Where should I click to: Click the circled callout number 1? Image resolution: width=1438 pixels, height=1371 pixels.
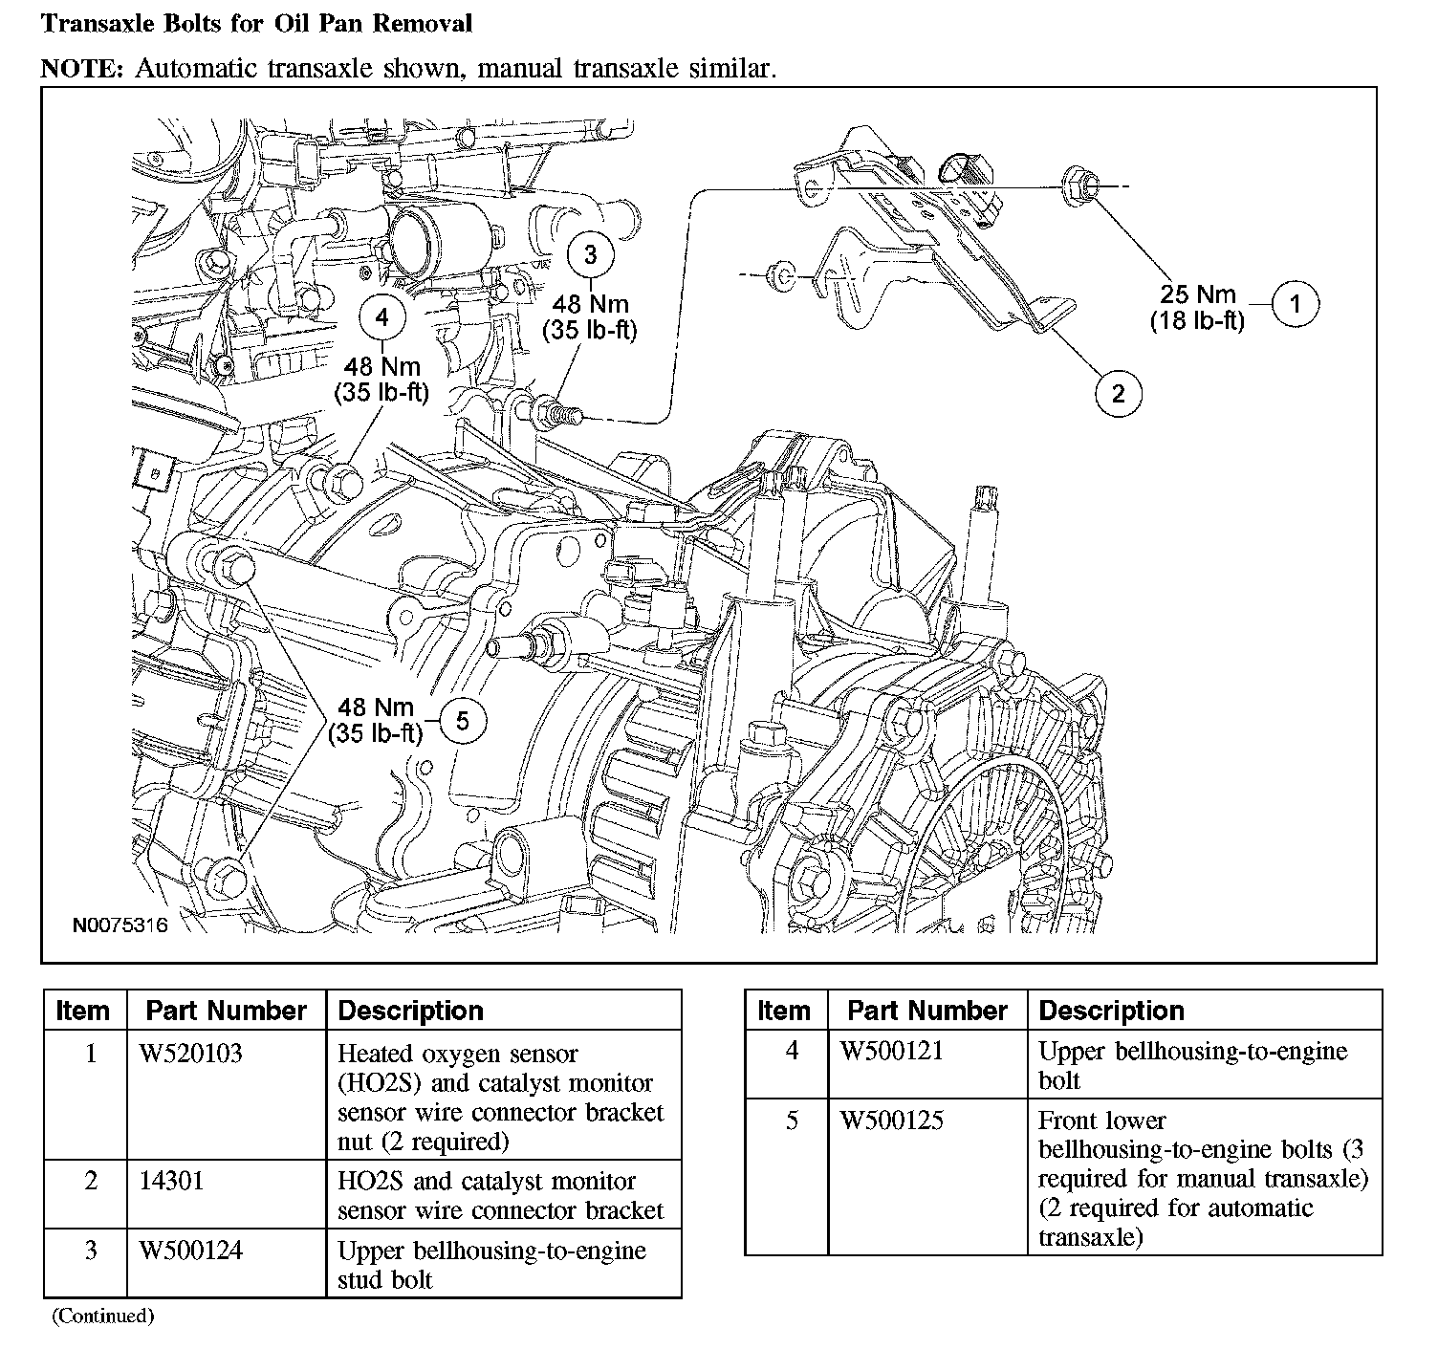click(1296, 304)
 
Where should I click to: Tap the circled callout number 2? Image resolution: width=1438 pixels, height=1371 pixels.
click(1118, 394)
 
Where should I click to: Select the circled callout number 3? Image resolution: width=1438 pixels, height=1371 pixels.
click(590, 254)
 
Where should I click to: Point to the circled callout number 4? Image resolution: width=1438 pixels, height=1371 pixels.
click(381, 317)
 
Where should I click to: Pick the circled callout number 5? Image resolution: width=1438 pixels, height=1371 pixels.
click(462, 721)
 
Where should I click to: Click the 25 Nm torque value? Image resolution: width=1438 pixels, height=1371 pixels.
click(1197, 294)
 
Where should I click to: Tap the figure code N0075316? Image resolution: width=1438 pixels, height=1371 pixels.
click(120, 925)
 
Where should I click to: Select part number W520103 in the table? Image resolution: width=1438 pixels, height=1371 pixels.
click(190, 1053)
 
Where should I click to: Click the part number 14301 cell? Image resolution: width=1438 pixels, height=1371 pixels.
click(171, 1180)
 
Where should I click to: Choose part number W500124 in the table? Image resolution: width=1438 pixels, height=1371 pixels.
click(190, 1250)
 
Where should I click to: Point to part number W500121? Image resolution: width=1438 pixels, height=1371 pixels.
click(892, 1051)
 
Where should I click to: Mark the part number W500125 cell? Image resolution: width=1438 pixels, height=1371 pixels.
click(892, 1121)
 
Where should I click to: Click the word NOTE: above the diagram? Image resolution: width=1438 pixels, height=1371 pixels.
click(82, 68)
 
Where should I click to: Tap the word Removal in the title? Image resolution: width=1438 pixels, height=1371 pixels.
click(422, 23)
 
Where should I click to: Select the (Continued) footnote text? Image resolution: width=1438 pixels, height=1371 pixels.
click(102, 1316)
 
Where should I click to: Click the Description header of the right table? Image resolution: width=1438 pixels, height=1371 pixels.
click(1111, 1011)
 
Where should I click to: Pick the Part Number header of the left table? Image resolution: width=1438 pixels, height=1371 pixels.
click(226, 1011)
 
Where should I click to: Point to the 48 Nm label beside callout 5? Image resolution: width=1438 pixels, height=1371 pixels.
click(375, 707)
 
